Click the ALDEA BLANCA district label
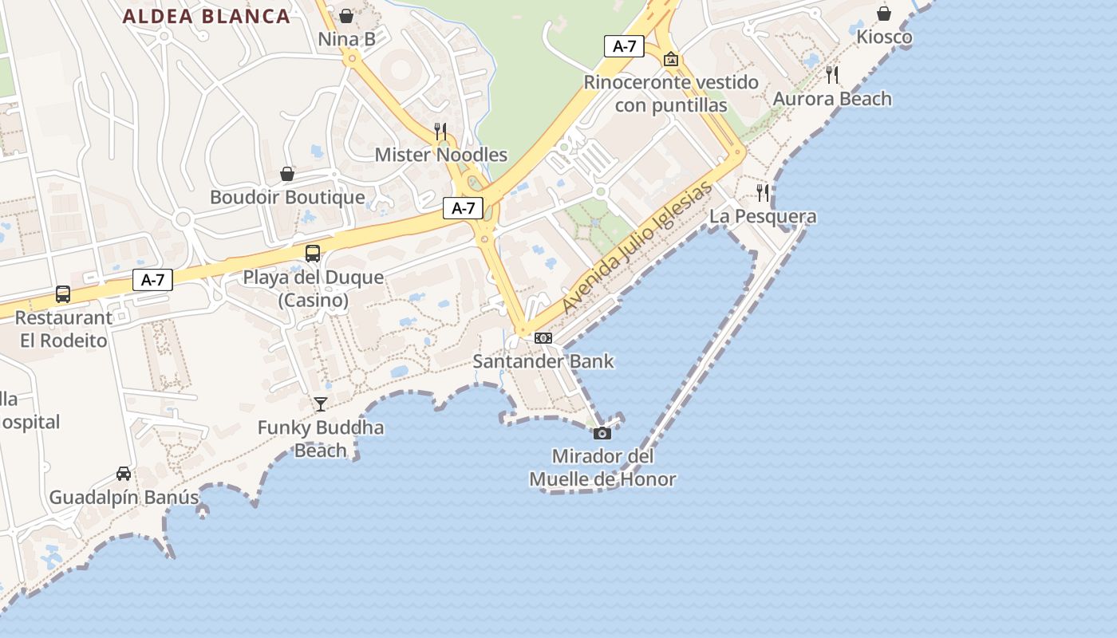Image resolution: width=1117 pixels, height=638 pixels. pyautogui.click(x=206, y=17)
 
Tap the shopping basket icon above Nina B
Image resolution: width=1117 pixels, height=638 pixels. pyautogui.click(x=346, y=15)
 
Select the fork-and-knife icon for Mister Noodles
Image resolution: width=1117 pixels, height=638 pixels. pyautogui.click(x=440, y=131)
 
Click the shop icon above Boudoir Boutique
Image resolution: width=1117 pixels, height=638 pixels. pyautogui.click(x=287, y=174)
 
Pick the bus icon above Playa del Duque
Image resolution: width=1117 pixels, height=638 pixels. pyautogui.click(x=313, y=254)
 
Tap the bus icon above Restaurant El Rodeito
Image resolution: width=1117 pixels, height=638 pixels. pyautogui.click(x=63, y=294)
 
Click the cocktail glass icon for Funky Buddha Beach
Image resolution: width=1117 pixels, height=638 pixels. pyautogui.click(x=321, y=404)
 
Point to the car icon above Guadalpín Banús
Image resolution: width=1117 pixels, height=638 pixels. pyautogui.click(x=124, y=474)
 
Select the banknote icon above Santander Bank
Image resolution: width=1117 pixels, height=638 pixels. pyautogui.click(x=543, y=338)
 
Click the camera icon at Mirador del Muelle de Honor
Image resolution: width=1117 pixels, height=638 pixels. pyautogui.click(x=602, y=433)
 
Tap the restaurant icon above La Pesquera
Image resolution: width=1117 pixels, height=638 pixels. pyautogui.click(x=763, y=192)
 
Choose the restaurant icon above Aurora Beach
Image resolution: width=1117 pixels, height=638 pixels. pyautogui.click(x=832, y=75)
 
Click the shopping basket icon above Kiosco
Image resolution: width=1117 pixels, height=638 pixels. pyautogui.click(x=884, y=14)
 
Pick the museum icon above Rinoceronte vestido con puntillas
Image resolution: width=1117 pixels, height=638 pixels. pyautogui.click(x=671, y=59)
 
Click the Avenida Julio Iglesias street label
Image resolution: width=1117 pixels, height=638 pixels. pyautogui.click(x=636, y=248)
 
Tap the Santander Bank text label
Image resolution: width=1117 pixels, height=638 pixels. pyautogui.click(x=543, y=361)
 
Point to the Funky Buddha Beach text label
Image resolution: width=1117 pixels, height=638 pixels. pyautogui.click(x=321, y=439)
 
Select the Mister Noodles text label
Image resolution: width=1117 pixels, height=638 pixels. pyautogui.click(x=440, y=155)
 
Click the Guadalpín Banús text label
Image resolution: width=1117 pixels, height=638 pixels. pyautogui.click(x=124, y=498)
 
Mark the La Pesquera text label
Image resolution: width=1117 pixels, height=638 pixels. pyautogui.click(x=763, y=216)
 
